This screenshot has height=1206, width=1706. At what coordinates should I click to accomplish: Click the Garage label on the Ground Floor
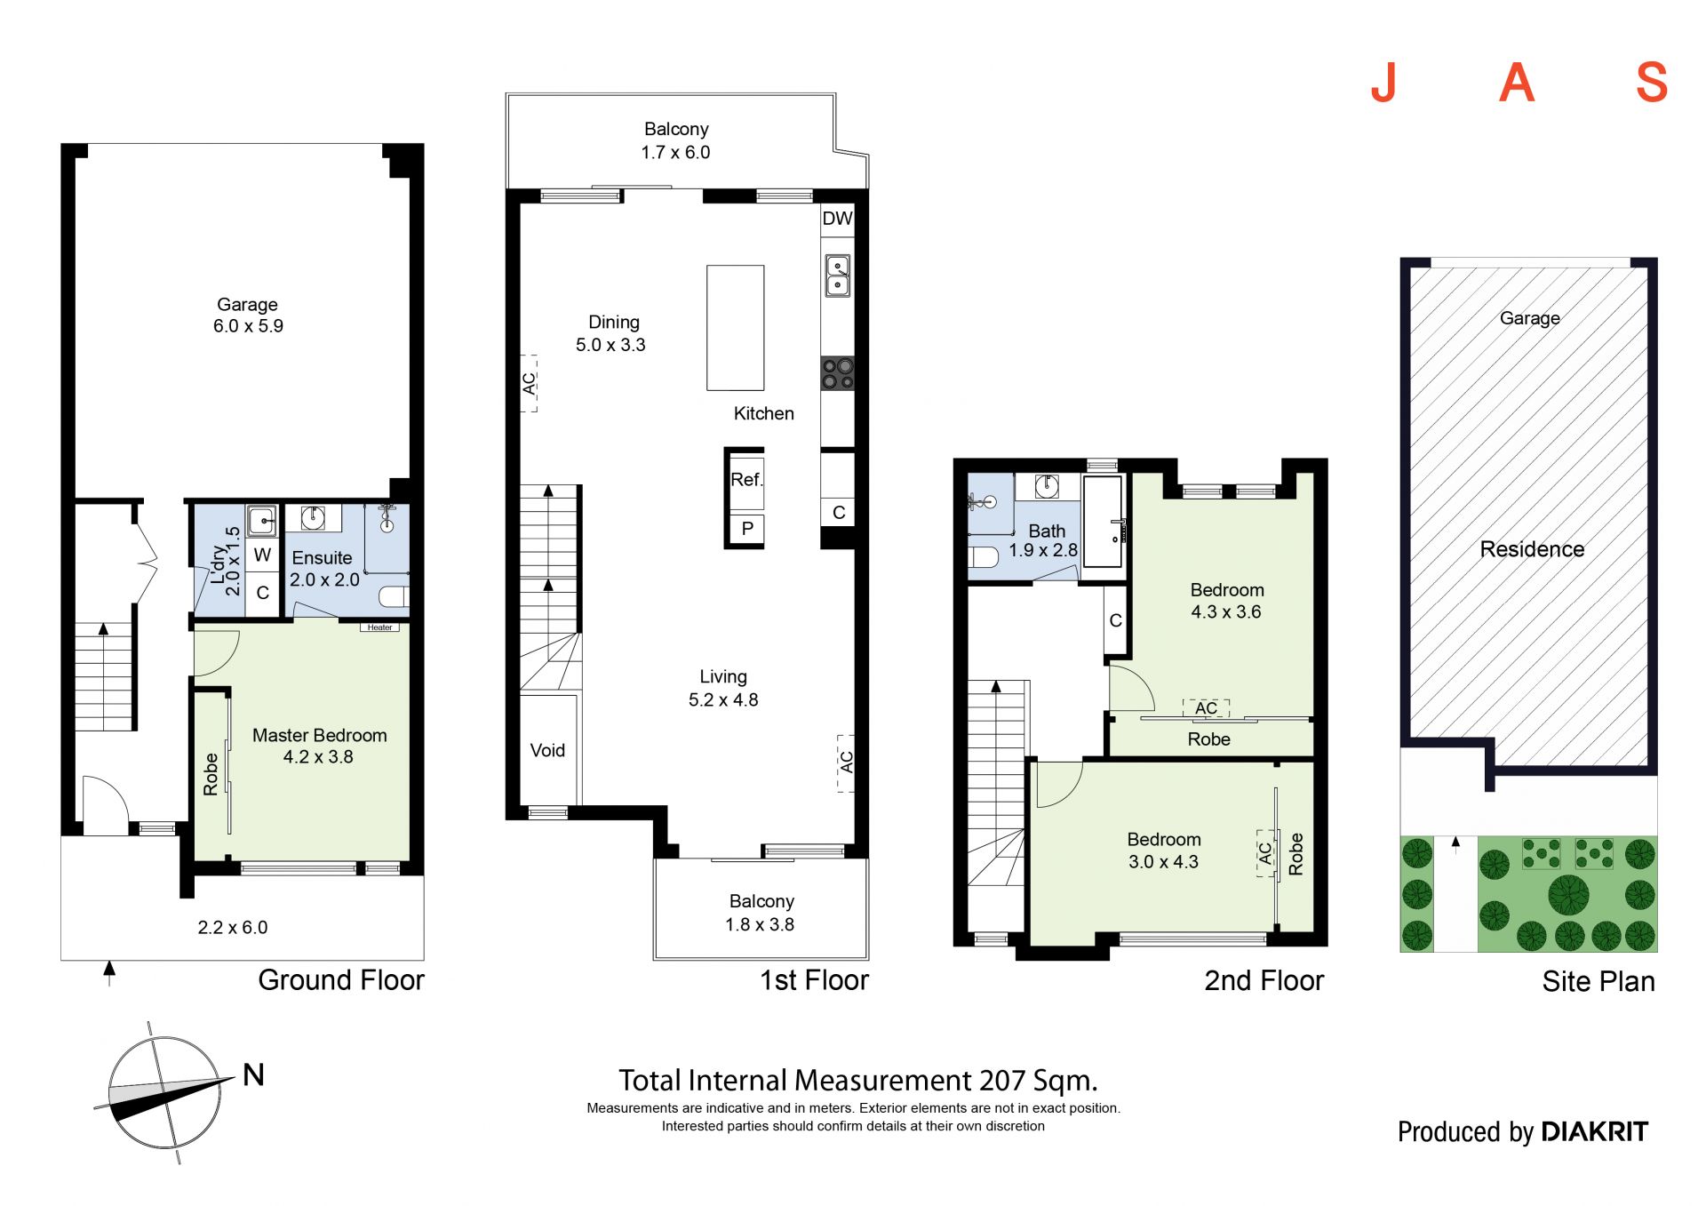(x=247, y=305)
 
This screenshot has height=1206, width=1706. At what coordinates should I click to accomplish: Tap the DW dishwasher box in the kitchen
(x=837, y=219)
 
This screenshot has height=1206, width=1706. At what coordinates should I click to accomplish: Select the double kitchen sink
(x=838, y=276)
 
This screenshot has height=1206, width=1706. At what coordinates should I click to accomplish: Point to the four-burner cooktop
(x=838, y=373)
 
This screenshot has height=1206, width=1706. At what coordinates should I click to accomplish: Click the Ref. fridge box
(x=746, y=481)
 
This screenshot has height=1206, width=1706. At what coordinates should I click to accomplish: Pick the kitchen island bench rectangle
(x=735, y=328)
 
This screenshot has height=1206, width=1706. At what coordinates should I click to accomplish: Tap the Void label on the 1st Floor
(x=547, y=751)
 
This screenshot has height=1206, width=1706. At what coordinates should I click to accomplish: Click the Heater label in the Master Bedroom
(x=379, y=627)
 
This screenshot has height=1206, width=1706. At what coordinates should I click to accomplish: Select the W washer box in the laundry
(x=262, y=555)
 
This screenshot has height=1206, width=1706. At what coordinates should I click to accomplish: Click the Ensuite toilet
(x=394, y=596)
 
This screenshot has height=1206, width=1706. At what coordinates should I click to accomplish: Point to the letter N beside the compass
(x=254, y=1075)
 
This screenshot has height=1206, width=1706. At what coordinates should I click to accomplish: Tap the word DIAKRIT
(x=1594, y=1131)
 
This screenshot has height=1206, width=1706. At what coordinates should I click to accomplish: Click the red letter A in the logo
(x=1517, y=83)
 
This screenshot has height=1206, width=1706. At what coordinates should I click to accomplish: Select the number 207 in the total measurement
(x=1002, y=1081)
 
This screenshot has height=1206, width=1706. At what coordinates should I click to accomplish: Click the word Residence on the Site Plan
(x=1532, y=549)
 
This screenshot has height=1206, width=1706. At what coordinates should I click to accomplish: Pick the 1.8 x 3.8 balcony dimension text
(x=760, y=925)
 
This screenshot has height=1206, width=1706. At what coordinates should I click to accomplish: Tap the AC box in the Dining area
(x=529, y=383)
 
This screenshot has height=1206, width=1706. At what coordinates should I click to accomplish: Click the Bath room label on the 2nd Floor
(x=1047, y=531)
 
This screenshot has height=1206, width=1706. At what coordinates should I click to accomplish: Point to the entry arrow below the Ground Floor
(x=109, y=973)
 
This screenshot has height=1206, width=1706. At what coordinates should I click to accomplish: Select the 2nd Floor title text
(x=1264, y=981)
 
